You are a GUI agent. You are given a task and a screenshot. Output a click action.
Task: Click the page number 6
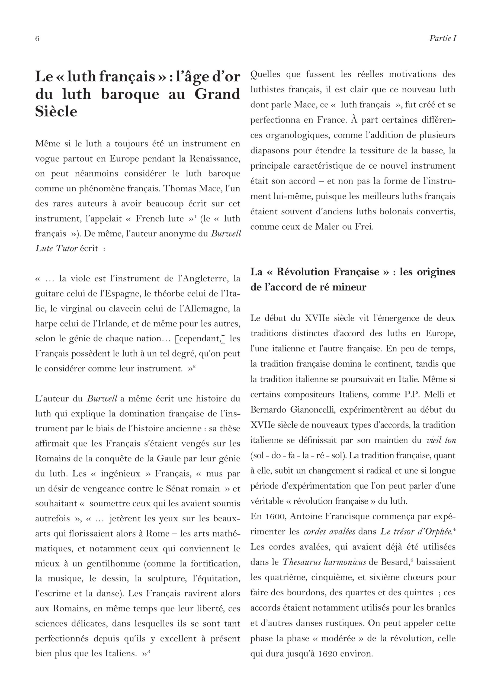coord(37,38)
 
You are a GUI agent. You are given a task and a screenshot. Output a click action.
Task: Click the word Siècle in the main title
coord(56,111)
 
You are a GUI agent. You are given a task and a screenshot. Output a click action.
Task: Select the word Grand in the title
coord(217,94)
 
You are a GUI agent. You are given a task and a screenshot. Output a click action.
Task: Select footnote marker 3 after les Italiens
coord(149,651)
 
